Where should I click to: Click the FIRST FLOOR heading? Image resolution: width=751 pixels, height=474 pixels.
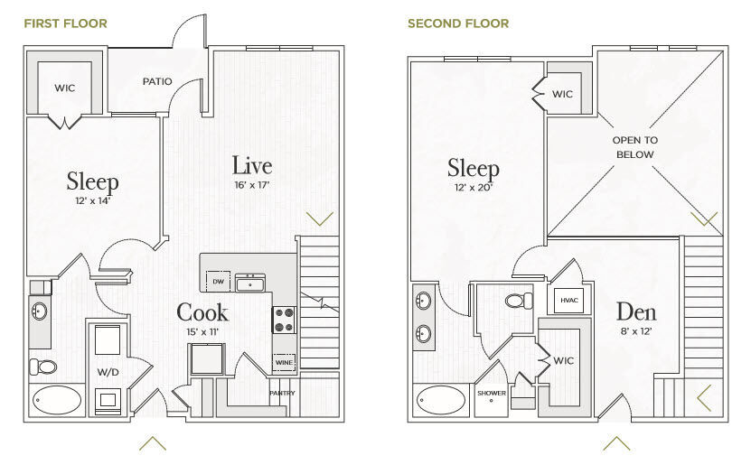coord(66,23)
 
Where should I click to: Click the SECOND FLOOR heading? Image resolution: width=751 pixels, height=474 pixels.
coord(458,23)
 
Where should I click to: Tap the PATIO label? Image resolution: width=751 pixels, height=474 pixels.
coord(157,81)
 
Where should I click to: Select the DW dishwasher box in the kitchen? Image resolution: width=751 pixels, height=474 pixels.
coord(218,282)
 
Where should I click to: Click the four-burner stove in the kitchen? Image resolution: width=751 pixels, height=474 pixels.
coord(284,320)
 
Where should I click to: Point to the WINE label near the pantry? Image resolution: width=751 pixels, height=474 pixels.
coord(284,363)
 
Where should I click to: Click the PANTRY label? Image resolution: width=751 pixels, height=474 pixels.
coord(282,393)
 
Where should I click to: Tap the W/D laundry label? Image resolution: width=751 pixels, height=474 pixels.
coord(108,372)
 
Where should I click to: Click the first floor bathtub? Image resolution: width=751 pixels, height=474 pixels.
coord(58,400)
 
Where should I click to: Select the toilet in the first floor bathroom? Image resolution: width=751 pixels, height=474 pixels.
coord(43,367)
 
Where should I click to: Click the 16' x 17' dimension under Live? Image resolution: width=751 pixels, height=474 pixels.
coord(252,184)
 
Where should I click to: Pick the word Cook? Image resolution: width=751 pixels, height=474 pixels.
coord(202,312)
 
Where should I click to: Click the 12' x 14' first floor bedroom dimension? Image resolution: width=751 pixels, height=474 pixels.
coord(93,200)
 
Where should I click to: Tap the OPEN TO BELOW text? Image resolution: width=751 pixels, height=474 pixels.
coord(635,147)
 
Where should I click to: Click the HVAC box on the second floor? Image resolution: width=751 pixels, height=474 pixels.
coord(569,301)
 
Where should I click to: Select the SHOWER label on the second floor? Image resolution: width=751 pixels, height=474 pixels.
coord(492,393)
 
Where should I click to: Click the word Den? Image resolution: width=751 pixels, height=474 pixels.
coord(636,311)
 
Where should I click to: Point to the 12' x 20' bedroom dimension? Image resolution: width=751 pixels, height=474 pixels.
coord(474,187)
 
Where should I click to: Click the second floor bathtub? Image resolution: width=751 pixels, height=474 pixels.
coord(441,400)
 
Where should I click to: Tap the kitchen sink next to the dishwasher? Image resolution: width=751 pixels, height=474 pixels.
coord(250,283)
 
